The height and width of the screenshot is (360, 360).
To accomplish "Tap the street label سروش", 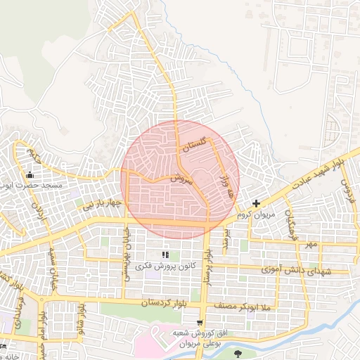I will point(181,178).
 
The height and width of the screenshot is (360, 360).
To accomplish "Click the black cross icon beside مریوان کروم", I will point(256,203).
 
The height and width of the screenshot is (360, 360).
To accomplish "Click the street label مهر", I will point(311,244).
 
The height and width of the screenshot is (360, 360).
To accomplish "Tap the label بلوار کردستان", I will point(171,302).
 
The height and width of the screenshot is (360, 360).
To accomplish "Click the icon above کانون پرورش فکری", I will point(166,255).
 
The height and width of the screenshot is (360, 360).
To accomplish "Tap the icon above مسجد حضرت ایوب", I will point(29,175).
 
